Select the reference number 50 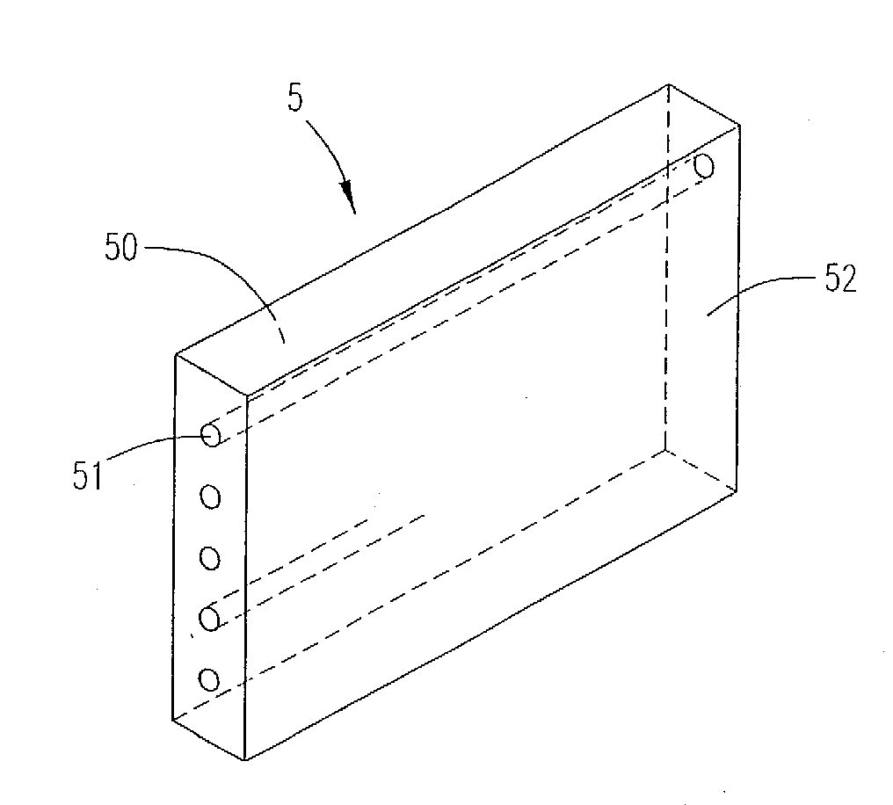(x=120, y=248)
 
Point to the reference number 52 (x=840, y=279)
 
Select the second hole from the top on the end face (x=211, y=497)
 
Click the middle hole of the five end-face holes (x=210, y=558)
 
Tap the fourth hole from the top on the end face (x=209, y=619)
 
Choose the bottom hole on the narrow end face (x=209, y=679)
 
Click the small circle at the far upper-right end (x=705, y=167)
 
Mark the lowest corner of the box (x=245, y=759)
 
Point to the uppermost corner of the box (x=668, y=85)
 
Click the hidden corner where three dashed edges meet (x=664, y=451)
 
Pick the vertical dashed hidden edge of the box (x=666, y=267)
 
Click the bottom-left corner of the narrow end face (x=172, y=720)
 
